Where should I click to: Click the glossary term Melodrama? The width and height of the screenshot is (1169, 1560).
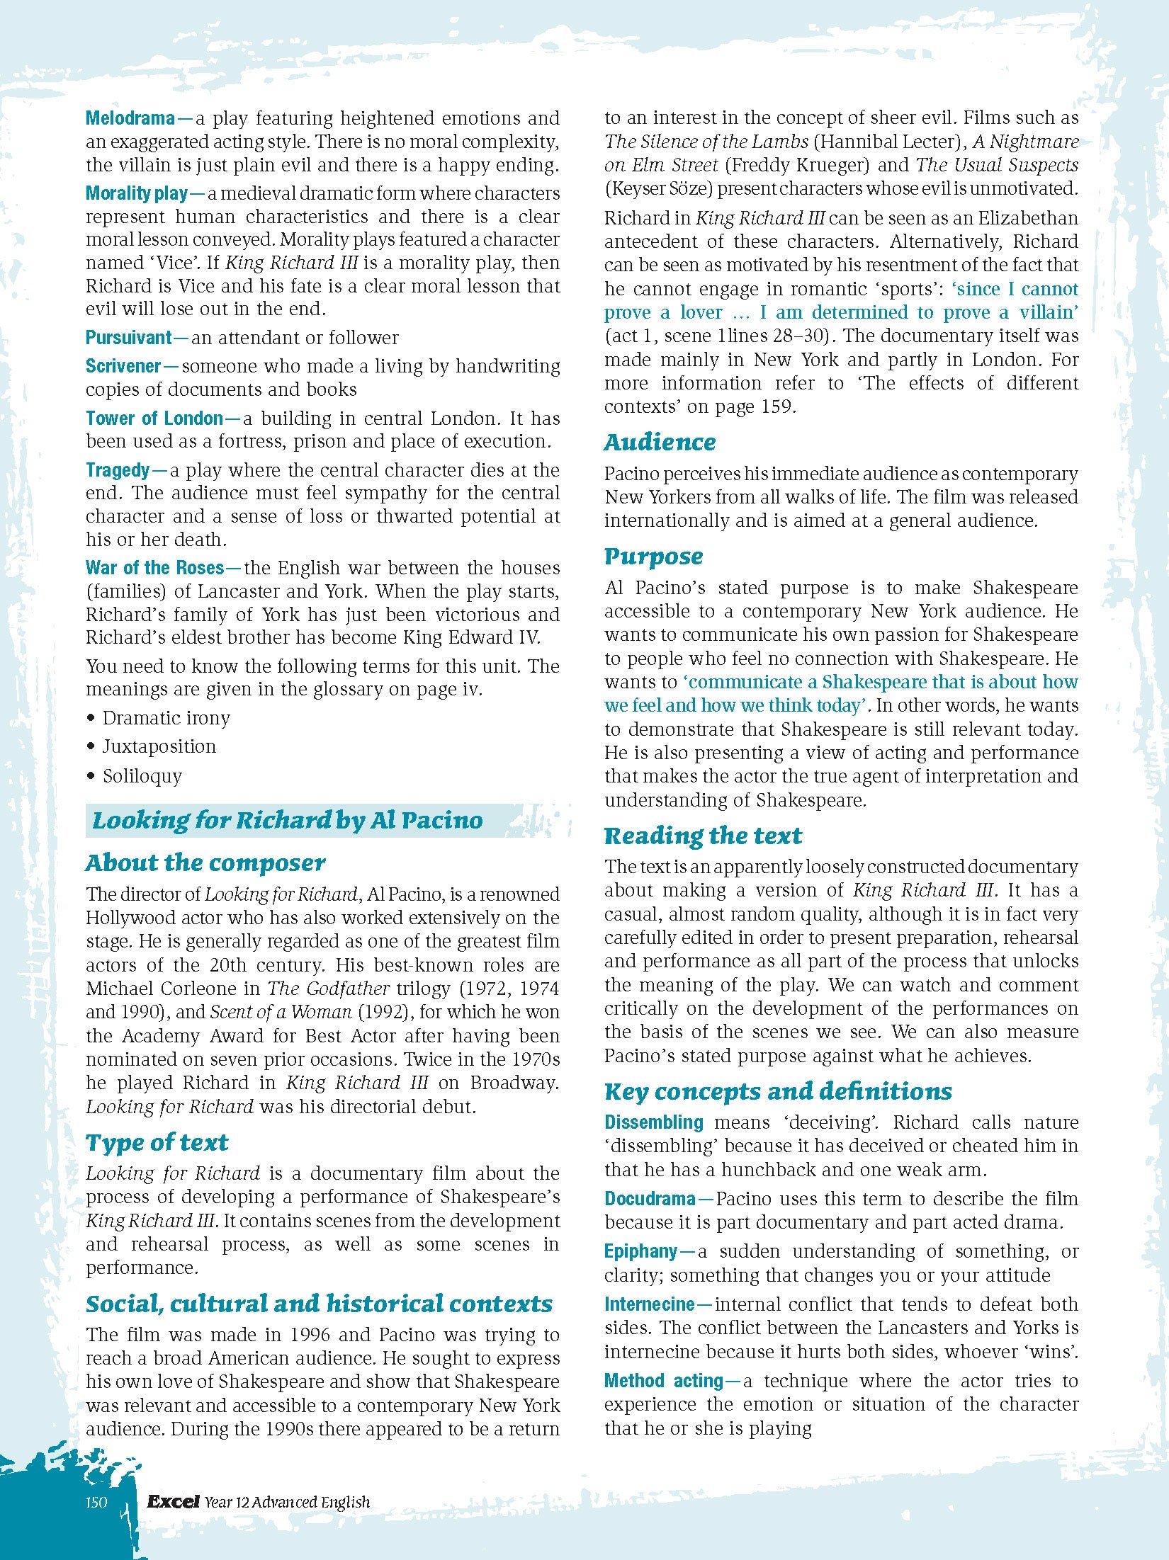[130, 118]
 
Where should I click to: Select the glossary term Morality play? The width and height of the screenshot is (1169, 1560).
[137, 193]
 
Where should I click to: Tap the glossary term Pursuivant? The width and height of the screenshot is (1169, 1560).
[129, 338]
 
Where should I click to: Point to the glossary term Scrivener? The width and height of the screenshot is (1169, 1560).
[123, 366]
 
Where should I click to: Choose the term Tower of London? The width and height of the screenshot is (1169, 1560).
[154, 419]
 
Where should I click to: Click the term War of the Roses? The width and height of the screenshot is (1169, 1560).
[154, 568]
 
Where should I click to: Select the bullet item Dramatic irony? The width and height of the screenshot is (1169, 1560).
[166, 718]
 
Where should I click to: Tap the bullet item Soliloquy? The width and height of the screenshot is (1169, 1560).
[142, 776]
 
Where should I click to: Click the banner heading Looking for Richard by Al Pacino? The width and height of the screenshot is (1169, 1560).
[288, 821]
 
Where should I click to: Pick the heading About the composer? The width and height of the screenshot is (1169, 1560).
[205, 863]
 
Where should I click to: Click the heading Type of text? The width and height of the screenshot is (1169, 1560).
[157, 1143]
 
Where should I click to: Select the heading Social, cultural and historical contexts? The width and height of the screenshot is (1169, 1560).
[319, 1304]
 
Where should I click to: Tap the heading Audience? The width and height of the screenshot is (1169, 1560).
[660, 443]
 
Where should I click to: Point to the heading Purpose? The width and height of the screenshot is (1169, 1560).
[653, 557]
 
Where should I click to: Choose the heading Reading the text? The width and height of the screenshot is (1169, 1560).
[703, 836]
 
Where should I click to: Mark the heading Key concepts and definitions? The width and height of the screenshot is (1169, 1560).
[778, 1092]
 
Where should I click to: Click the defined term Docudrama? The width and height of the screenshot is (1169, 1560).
[650, 1199]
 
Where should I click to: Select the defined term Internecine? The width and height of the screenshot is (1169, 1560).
[649, 1304]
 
